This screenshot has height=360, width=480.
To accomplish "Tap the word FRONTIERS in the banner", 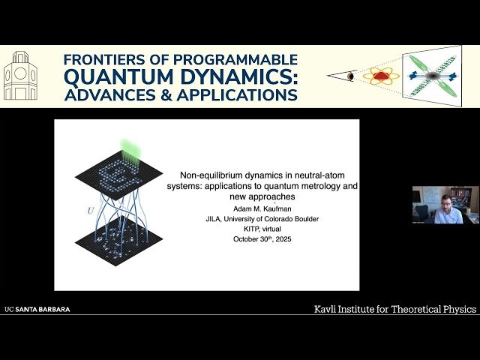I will [105, 59].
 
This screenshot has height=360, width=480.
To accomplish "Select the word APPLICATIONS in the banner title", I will [245, 95].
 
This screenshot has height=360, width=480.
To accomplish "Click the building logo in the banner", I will [20, 76].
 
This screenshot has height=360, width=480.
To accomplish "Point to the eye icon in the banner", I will [350, 76].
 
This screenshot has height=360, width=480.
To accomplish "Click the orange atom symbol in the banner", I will [381, 76].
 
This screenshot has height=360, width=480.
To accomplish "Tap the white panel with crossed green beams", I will [433, 76].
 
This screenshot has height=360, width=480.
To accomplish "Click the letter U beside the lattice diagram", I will [91, 211].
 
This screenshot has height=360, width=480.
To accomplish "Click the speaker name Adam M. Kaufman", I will [262, 208].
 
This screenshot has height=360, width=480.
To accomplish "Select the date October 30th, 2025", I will [262, 238].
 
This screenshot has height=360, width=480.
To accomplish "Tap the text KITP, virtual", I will [262, 229].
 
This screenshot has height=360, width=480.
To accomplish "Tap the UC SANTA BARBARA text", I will [37, 309].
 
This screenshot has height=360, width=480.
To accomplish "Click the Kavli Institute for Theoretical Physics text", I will [394, 309].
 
